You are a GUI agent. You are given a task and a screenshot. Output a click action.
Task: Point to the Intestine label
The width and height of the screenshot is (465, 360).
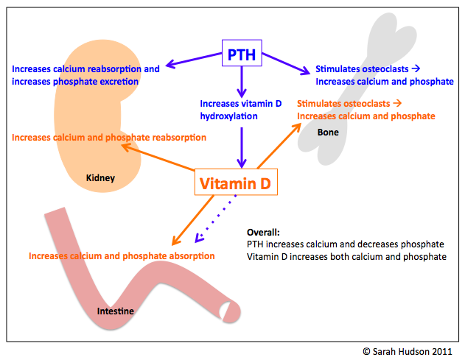click(116, 311)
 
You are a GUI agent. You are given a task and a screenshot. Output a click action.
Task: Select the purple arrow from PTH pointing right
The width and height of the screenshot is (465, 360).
click(284, 62)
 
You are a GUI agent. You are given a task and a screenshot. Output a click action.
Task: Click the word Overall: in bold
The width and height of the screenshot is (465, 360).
click(264, 231)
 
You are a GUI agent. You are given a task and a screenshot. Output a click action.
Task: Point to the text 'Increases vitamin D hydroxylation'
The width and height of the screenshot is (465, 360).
click(240, 110)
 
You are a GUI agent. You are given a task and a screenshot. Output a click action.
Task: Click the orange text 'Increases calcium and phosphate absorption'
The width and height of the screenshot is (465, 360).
click(122, 256)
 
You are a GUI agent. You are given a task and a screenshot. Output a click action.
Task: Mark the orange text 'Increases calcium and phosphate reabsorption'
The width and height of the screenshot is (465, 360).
click(108, 138)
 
